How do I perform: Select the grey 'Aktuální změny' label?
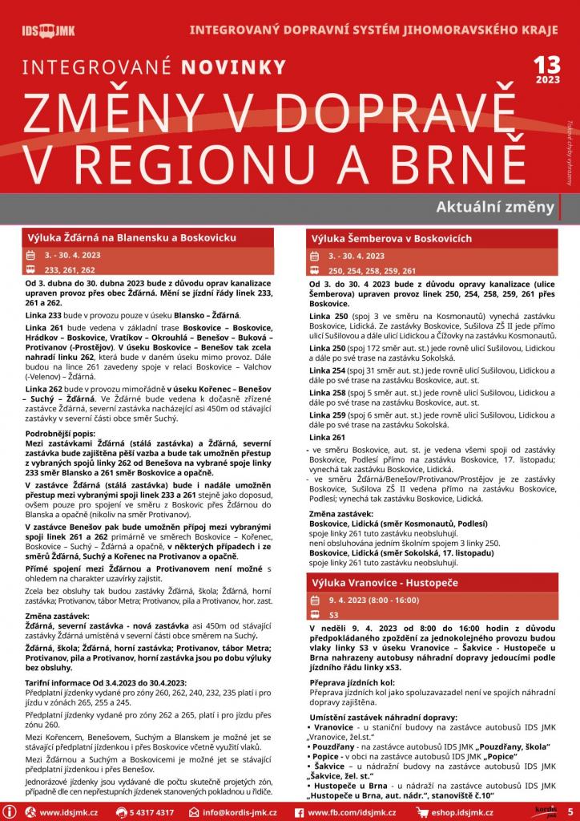point(495,207)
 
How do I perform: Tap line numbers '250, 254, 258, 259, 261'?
point(372,270)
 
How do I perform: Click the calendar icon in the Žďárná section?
point(30,255)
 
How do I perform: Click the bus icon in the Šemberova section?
point(314,270)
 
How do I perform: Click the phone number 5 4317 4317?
point(151,812)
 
